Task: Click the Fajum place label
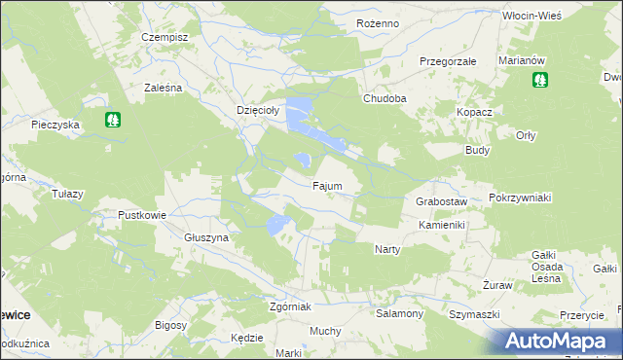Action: click(326, 185)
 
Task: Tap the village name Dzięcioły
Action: click(259, 111)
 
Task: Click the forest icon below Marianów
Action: click(539, 80)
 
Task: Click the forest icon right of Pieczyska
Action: click(114, 120)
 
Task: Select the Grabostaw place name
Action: click(442, 201)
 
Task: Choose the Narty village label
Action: click(387, 249)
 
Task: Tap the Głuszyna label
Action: click(205, 237)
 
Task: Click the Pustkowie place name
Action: click(142, 215)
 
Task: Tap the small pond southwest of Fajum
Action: click(277, 227)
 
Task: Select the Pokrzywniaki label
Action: click(521, 198)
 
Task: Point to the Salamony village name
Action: click(399, 314)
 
